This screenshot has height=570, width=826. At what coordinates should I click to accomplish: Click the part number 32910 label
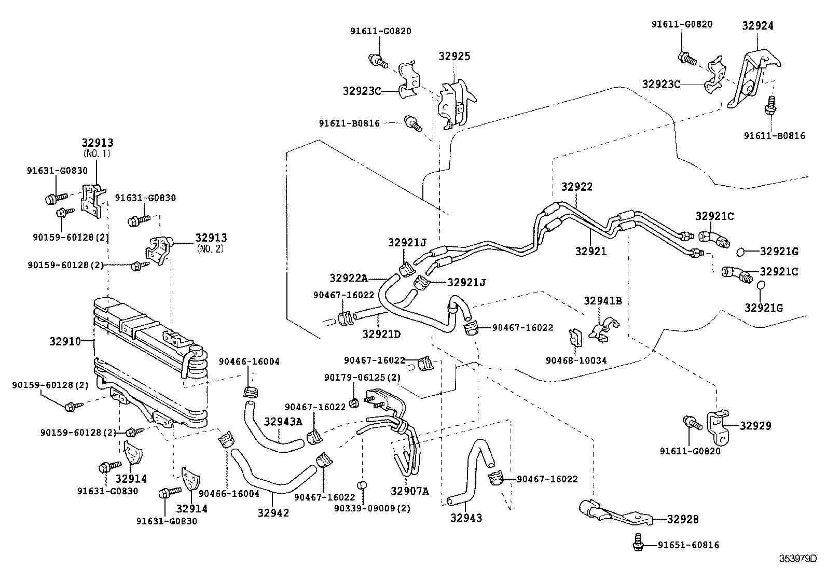coord(65,341)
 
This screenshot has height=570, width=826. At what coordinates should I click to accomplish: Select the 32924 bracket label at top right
coord(758,25)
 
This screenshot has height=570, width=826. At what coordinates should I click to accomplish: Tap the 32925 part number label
coord(454,56)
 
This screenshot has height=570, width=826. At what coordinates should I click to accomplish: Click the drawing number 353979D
coord(798,559)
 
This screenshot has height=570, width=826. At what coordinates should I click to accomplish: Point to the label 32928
coord(683,519)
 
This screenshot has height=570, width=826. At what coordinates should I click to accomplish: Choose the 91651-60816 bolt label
coord(688,545)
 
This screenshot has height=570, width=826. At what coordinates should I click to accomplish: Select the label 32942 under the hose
coord(273,512)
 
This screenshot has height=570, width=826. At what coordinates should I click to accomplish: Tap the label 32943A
coord(283,421)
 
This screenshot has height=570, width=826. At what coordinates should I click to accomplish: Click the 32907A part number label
coord(410,491)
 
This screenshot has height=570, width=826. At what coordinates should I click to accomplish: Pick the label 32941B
coord(603,300)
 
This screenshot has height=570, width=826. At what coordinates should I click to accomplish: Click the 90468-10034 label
coord(576,360)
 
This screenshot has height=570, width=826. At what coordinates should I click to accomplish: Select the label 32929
coord(755,425)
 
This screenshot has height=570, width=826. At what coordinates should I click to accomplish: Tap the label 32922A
coord(348,278)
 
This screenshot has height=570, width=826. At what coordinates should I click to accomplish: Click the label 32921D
coord(381,334)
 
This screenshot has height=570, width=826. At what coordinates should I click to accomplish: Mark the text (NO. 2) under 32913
coord(210,248)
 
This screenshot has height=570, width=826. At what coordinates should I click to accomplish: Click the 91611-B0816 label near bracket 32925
coord(349,123)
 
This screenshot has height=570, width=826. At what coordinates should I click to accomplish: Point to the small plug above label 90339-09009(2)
coord(364,484)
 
